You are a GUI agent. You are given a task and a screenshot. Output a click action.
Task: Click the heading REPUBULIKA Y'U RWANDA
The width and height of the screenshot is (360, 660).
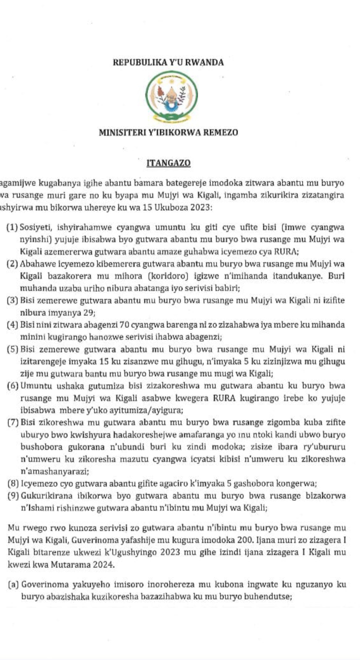click(x=168, y=63)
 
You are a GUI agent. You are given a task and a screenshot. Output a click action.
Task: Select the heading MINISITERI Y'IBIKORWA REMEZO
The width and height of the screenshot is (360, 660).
click(x=168, y=133)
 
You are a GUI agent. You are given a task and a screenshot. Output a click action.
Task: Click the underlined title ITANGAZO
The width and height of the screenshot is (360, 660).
click(x=168, y=163)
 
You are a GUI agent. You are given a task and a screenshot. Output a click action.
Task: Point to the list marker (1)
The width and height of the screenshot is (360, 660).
click(x=12, y=228)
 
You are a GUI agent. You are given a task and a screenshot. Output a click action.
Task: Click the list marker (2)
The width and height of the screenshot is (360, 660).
click(x=12, y=263)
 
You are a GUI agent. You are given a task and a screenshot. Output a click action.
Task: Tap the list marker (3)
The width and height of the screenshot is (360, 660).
click(x=12, y=300)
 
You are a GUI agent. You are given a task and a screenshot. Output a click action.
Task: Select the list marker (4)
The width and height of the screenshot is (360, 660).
click(x=12, y=325)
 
